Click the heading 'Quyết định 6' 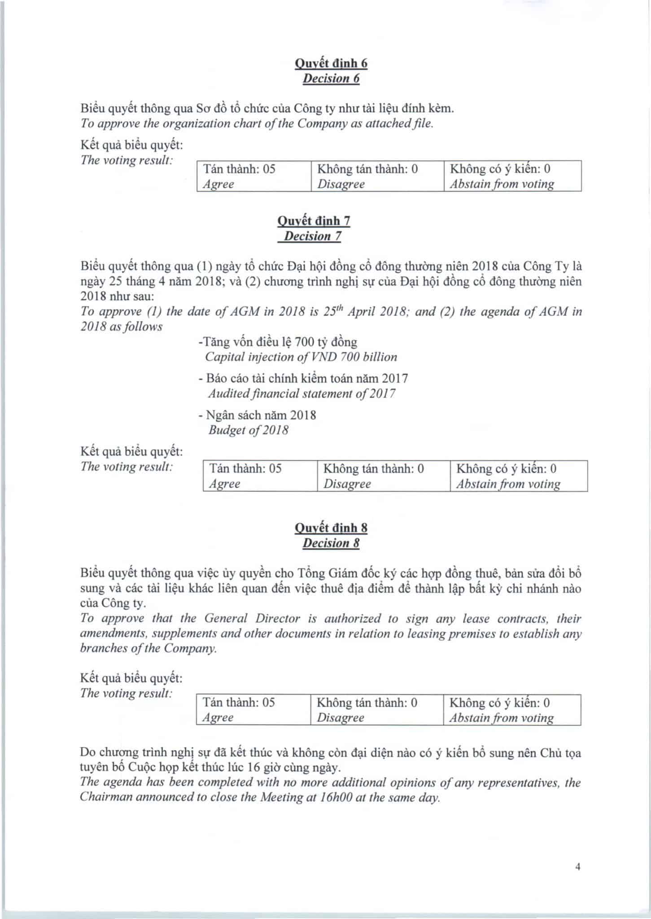[331, 63]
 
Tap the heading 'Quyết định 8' [331, 528]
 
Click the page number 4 [578, 867]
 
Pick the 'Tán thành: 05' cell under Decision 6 [254, 176]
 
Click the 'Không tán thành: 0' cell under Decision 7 [384, 476]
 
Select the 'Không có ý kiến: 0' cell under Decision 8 [512, 710]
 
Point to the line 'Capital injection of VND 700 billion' [301, 357]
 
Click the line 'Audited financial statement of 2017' [301, 394]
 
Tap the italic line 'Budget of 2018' [249, 430]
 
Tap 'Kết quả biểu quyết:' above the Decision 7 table [131, 451]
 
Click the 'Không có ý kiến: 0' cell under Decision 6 [512, 176]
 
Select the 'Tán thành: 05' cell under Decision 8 [253, 710]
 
